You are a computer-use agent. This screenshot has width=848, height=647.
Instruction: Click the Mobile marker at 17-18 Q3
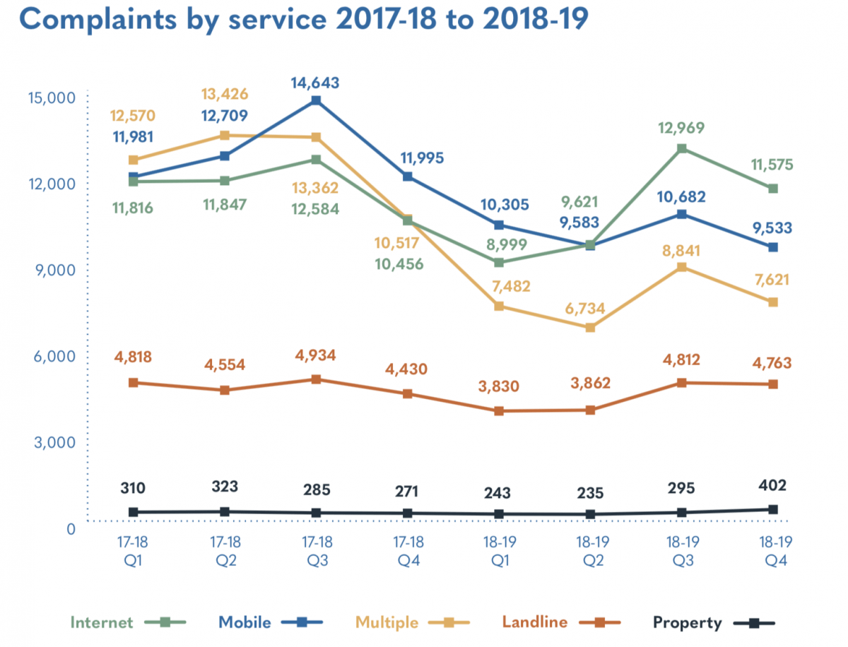(317, 101)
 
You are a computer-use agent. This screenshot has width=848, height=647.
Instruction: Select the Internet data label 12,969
(682, 129)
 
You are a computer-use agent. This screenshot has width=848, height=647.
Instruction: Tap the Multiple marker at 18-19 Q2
(591, 328)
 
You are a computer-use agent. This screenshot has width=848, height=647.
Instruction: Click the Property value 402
(773, 485)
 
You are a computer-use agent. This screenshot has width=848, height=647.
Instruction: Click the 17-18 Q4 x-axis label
(408, 551)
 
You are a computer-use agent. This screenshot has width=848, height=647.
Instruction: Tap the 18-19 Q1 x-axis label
(500, 551)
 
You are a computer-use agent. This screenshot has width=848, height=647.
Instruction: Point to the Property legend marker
(754, 623)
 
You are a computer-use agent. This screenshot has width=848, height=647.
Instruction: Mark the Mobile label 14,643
(317, 83)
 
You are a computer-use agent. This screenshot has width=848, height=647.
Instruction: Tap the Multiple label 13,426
(225, 95)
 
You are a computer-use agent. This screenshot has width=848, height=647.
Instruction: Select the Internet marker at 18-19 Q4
(773, 189)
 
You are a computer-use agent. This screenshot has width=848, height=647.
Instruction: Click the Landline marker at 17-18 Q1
(134, 383)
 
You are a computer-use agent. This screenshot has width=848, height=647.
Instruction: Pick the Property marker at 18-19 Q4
(773, 509)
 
